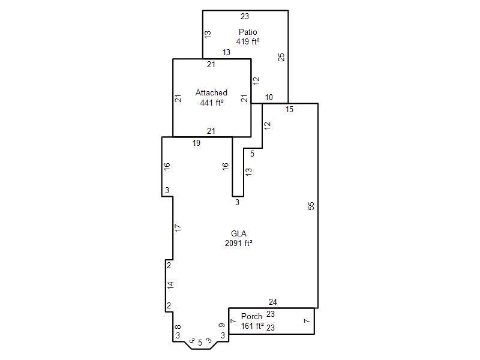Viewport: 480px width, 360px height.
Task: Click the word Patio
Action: point(248,32)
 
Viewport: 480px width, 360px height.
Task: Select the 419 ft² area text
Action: point(248,41)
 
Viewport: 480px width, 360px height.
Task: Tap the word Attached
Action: point(211,92)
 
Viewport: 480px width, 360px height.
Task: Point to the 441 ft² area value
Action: point(212,103)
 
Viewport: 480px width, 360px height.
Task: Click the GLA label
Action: point(238,233)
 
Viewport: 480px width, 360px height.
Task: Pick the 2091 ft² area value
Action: point(238,243)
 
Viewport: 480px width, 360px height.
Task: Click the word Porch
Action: point(251,316)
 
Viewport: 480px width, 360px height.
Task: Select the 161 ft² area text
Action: point(252,326)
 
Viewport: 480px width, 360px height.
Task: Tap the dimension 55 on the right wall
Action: point(311,206)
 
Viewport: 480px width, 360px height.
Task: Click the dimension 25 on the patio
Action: point(281,57)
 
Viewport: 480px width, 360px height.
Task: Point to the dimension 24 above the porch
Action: point(273,302)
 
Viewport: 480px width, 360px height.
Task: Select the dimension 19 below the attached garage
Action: point(196,143)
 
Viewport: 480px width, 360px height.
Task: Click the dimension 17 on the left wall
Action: point(178,228)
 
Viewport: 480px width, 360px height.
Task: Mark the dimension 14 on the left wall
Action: point(170,286)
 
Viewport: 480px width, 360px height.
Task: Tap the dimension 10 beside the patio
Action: point(269,97)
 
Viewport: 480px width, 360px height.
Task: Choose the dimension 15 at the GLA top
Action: point(289,109)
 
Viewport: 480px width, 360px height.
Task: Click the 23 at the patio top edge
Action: point(245,17)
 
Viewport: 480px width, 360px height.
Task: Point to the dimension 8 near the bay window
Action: point(178,327)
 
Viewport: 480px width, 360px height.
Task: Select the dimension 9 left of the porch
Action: point(222,325)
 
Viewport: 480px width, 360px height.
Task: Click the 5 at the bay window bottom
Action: point(200,343)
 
